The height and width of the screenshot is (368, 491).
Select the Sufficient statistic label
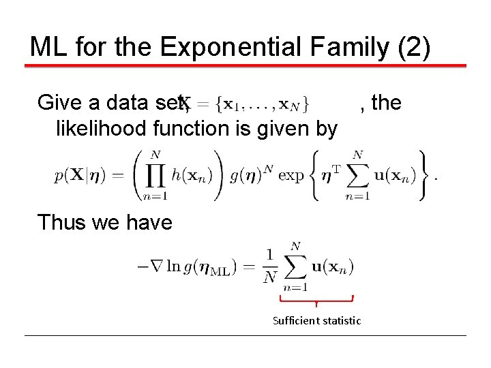[316, 320]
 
